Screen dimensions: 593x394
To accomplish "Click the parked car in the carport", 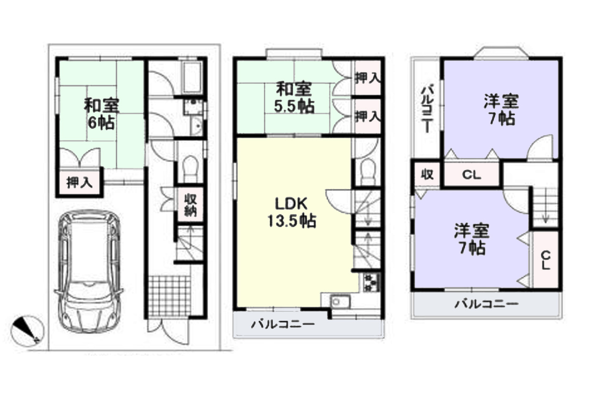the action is point(88,271).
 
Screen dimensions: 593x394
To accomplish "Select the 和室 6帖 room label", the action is point(101,114).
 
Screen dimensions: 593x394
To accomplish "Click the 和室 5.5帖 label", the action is point(294,98).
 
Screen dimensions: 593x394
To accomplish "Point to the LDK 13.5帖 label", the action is point(292,212).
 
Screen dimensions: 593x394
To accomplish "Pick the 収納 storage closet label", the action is point(190,205).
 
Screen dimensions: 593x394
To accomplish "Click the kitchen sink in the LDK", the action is point(340,301).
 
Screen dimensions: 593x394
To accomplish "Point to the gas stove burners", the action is point(371,283).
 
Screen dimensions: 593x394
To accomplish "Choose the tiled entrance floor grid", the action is point(169,296).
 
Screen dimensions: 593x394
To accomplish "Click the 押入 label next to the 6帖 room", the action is point(79,183).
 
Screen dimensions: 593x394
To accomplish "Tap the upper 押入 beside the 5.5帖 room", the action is point(368,78).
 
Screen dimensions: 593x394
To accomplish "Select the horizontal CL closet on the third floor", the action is point(472,174).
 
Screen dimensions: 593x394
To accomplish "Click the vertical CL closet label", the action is point(546,261).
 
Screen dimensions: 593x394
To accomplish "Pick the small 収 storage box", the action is point(427,174).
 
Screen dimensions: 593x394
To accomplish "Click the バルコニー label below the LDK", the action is point(283,324).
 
